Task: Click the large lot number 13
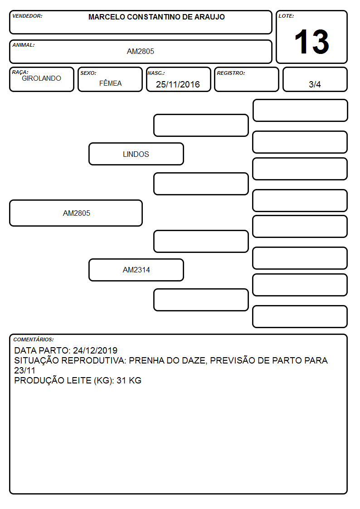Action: click(311, 42)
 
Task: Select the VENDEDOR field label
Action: click(27, 16)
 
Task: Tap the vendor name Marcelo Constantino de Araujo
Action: click(156, 17)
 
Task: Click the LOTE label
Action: click(286, 16)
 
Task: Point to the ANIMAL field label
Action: click(24, 45)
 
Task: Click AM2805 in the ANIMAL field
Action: click(140, 51)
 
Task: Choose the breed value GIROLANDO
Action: click(41, 78)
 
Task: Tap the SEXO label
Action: click(88, 73)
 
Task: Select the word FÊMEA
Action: click(110, 83)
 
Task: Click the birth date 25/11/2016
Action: click(178, 84)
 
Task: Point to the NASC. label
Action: click(156, 73)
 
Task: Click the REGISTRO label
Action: click(231, 73)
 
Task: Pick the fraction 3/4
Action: click(315, 84)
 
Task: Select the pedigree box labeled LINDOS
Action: click(136, 154)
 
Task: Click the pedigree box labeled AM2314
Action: click(136, 270)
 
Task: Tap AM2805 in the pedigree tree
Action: click(76, 213)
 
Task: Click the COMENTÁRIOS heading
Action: click(34, 339)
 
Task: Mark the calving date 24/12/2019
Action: click(95, 350)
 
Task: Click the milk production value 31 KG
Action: click(129, 380)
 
